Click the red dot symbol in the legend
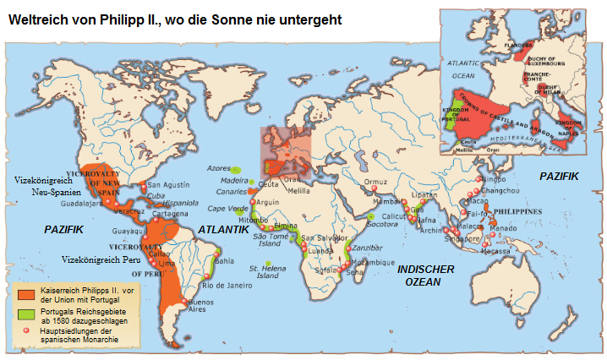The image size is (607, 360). pyautogui.click(x=26, y=331)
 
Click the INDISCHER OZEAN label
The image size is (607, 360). pyautogui.click(x=426, y=275)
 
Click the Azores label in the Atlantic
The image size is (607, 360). pyautogui.click(x=218, y=168)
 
